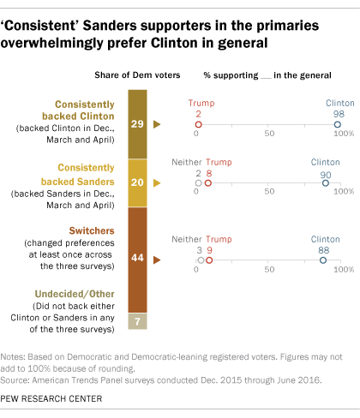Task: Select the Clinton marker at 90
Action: click(x=326, y=182)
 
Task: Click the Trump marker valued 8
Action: click(x=207, y=182)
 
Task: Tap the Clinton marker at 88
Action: click(x=323, y=259)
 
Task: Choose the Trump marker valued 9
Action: click(x=208, y=259)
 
